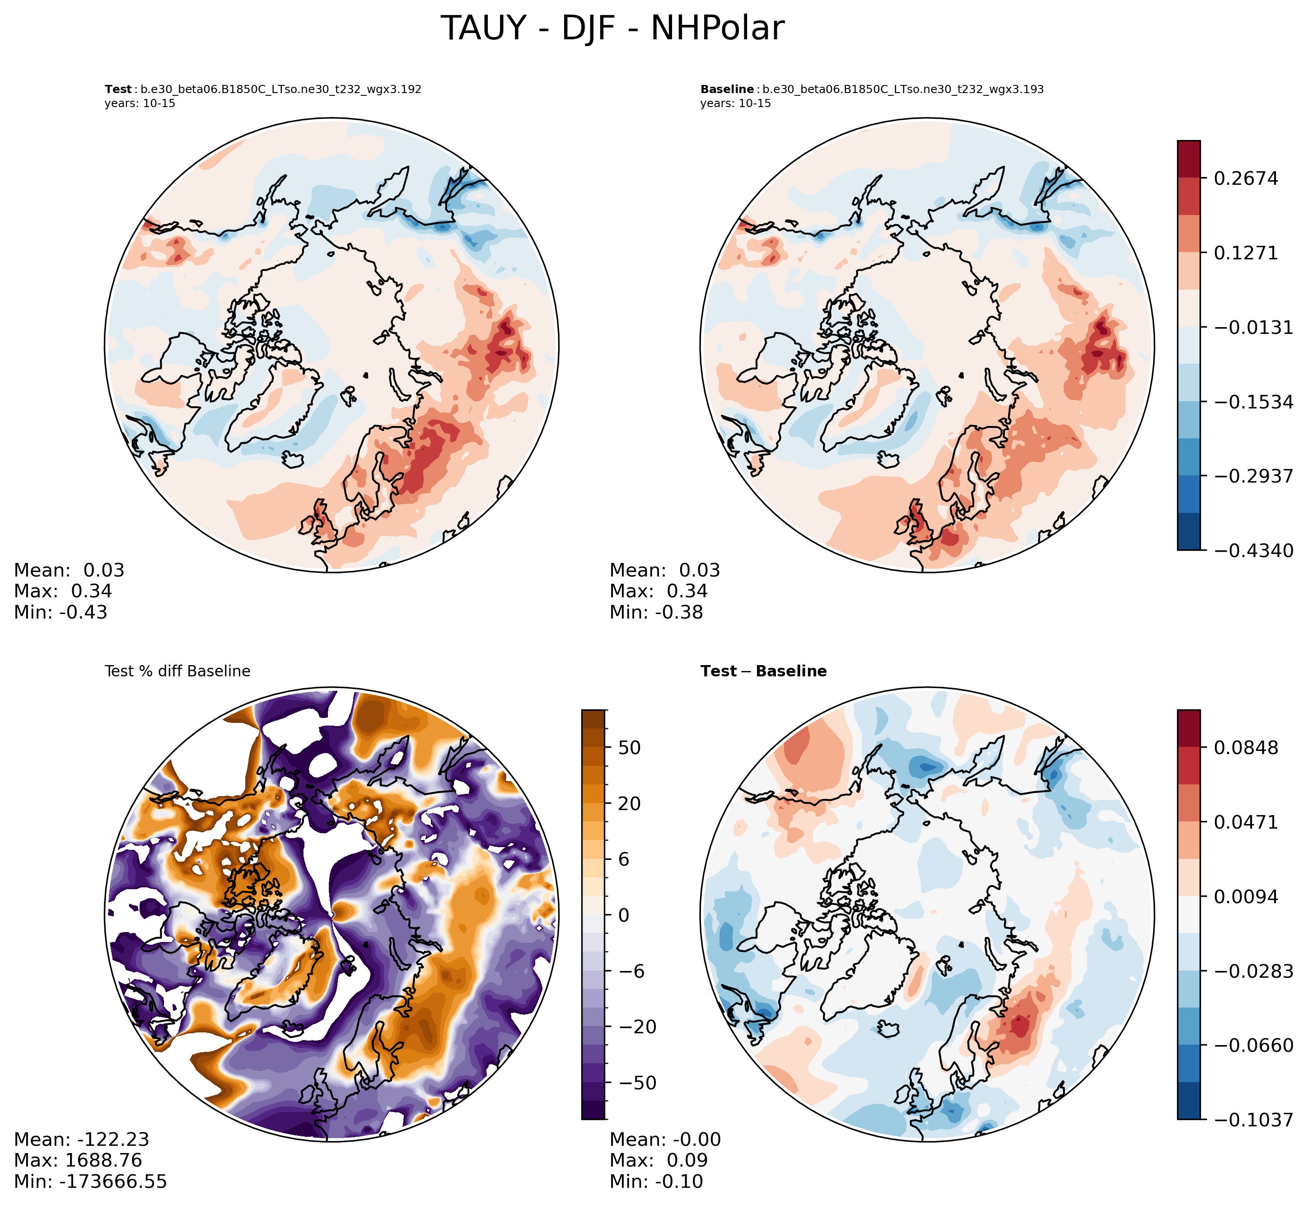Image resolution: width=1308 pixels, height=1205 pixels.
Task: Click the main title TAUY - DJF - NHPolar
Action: (612, 29)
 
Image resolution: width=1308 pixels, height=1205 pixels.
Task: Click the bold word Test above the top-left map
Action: (118, 89)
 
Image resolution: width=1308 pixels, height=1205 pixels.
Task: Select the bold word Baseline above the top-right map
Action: (727, 89)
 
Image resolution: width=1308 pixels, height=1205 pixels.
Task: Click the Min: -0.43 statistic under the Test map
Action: (61, 612)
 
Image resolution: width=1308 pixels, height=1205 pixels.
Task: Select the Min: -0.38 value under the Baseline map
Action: (656, 612)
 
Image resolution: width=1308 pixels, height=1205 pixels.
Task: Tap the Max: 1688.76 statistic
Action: (78, 1161)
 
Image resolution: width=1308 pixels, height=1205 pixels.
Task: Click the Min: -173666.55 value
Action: (90, 1182)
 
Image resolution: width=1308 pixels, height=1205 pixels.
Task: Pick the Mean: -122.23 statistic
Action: (81, 1140)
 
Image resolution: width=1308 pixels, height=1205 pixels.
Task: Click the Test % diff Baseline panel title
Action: (177, 671)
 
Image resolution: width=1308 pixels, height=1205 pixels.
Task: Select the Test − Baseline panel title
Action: (763, 671)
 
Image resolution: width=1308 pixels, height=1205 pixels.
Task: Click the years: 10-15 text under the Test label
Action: (140, 103)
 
